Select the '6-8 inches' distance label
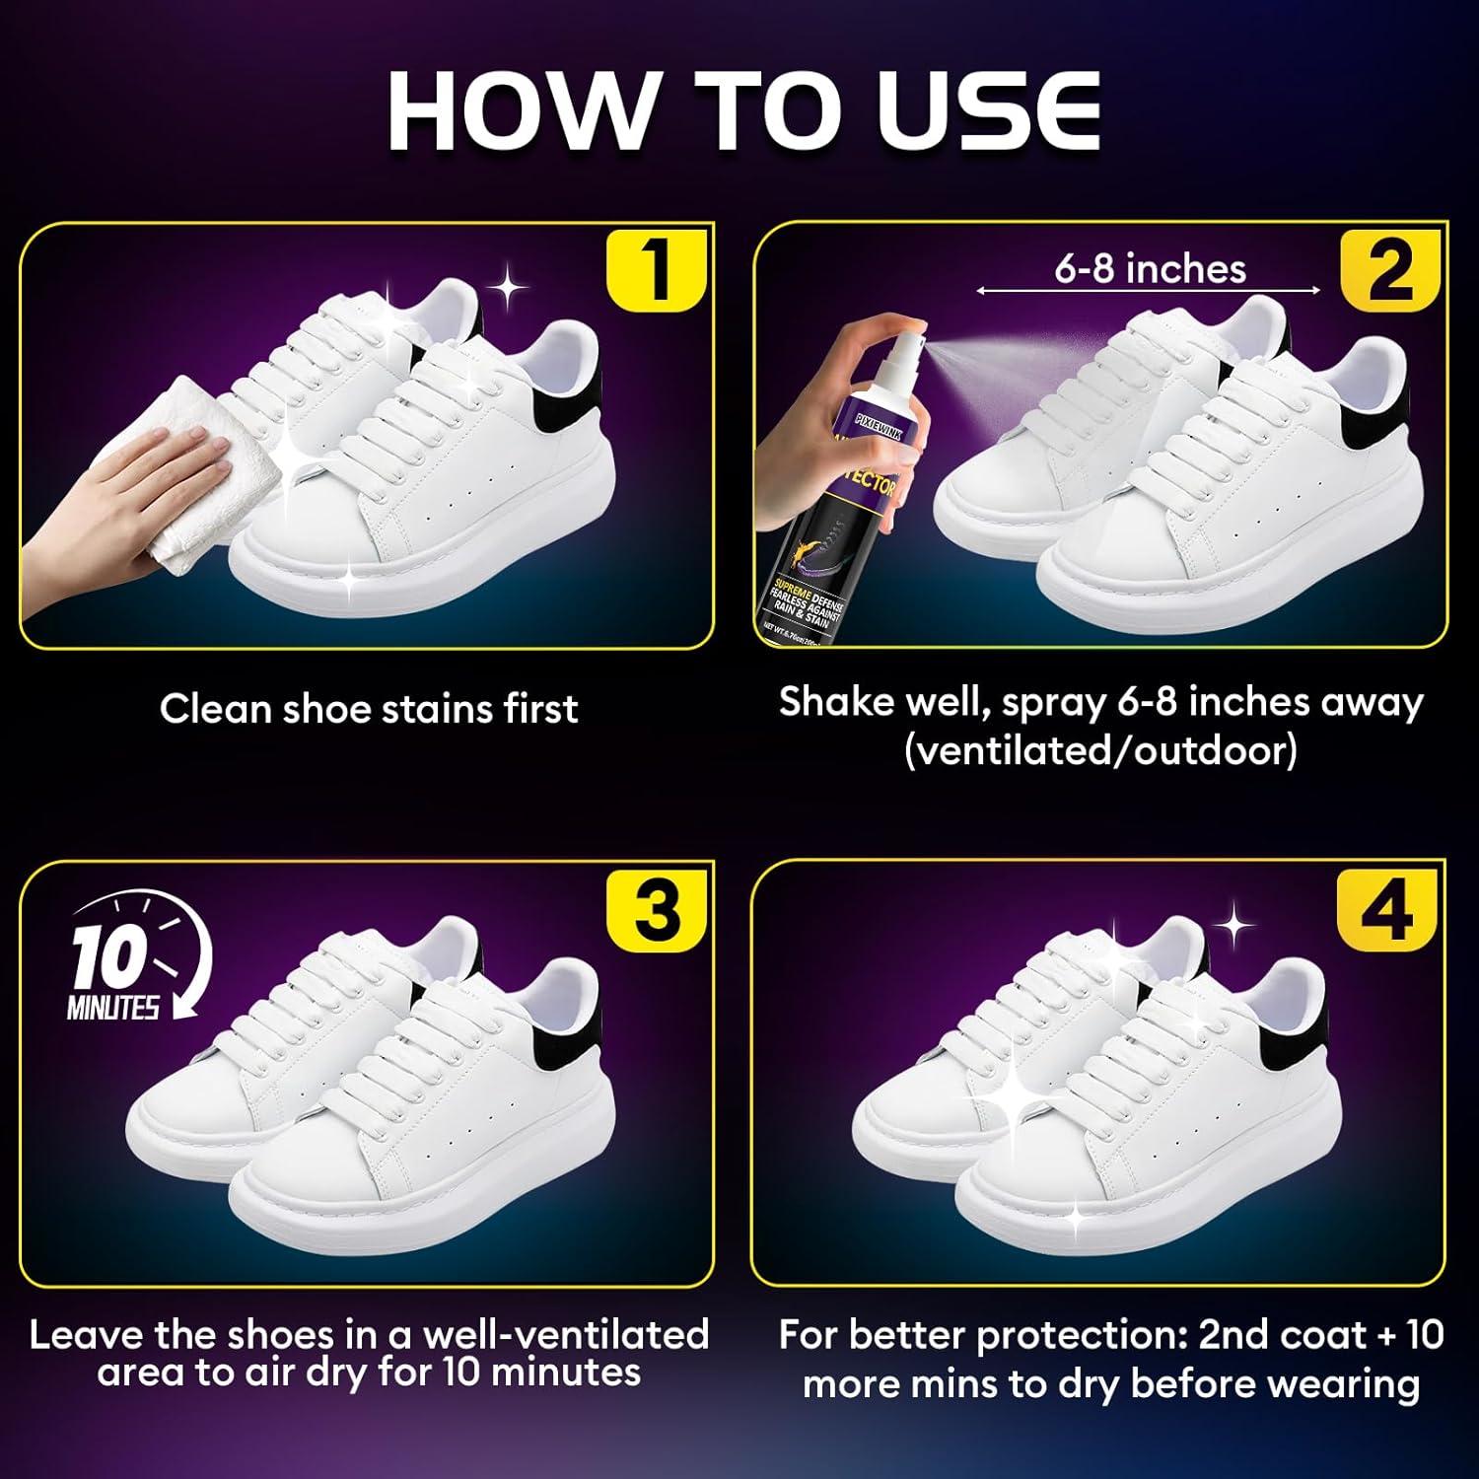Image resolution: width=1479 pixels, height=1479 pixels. (x=1150, y=268)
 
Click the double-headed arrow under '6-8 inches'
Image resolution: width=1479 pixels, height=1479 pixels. (x=1149, y=291)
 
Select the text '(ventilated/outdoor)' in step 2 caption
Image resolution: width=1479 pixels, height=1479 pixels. (x=1100, y=751)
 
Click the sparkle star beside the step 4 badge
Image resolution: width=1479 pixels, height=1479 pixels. (x=1232, y=927)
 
